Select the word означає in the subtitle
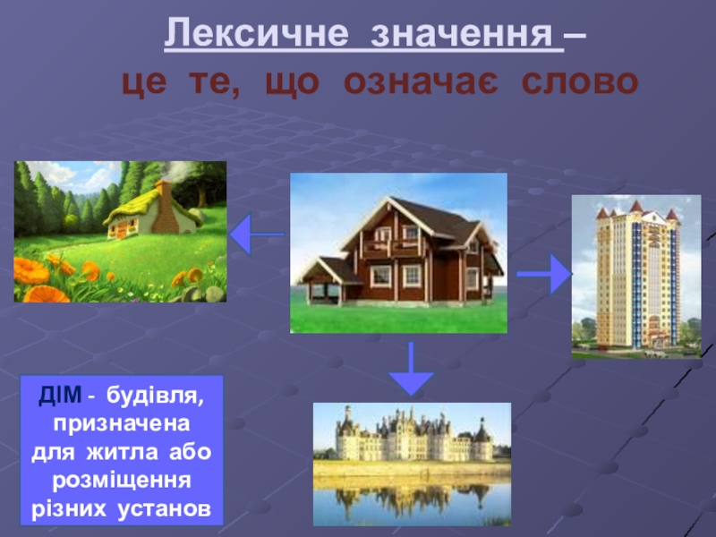421,82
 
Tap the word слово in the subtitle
580,82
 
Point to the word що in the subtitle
293,83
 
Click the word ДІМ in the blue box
60,395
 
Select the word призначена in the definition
122,423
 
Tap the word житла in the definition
123,452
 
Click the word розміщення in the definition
122,481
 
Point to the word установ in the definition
165,508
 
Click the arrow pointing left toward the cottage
257,234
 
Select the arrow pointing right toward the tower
544,274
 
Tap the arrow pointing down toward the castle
411,368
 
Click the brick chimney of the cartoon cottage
164,207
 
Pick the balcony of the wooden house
392,248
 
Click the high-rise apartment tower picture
636,277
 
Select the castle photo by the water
412,464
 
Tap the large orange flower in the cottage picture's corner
31,271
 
